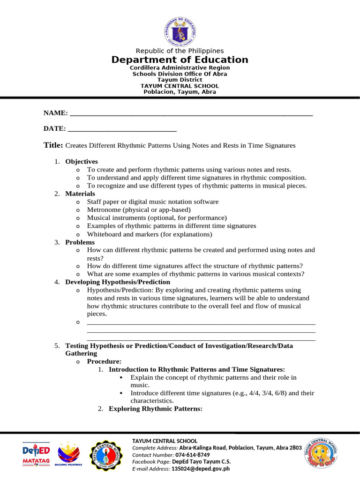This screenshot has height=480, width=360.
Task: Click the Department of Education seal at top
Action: [180, 31]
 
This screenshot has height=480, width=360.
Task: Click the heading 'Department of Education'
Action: [180, 60]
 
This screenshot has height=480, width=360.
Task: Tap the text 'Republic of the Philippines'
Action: [180, 51]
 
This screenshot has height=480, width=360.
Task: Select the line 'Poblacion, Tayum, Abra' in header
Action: [180, 92]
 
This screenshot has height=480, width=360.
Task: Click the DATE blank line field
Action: [122, 129]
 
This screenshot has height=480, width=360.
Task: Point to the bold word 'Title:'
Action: [53, 145]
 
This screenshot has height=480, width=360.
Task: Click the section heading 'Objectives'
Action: [82, 161]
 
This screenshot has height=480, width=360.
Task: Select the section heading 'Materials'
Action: [80, 194]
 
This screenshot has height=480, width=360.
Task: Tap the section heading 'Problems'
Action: [80, 242]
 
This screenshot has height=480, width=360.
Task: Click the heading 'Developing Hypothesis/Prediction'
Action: [118, 282]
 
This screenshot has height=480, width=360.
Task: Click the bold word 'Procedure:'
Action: [104, 361]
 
